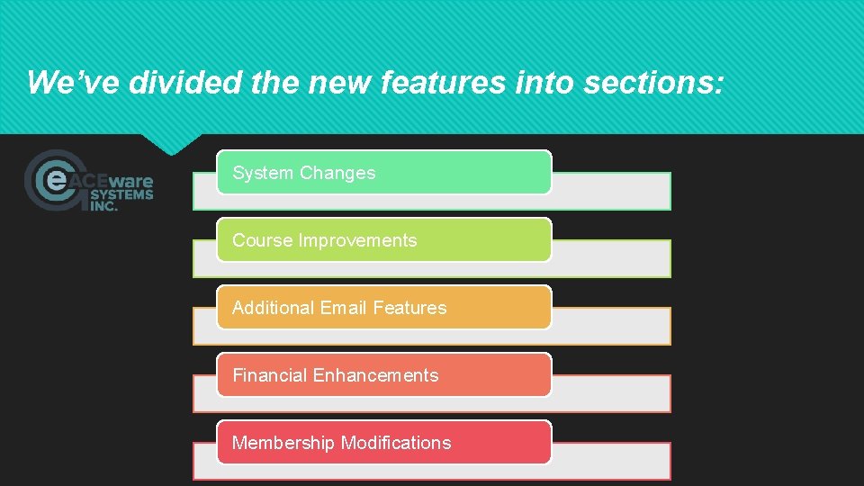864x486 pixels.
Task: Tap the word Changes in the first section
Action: coord(337,173)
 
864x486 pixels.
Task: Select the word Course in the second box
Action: coord(262,240)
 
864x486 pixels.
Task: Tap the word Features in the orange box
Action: coord(409,308)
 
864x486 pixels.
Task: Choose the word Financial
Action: coord(269,375)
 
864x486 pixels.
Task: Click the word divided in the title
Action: coord(185,82)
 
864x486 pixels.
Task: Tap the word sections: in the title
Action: coord(653,82)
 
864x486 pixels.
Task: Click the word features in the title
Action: coord(457,82)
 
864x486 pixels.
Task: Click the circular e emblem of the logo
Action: coord(56,180)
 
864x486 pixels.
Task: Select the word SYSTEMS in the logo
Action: coord(121,193)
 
